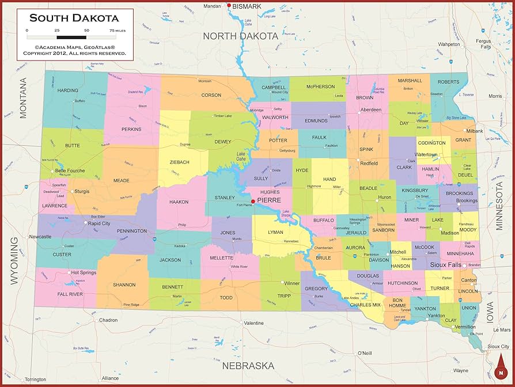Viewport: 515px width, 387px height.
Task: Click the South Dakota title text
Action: [74, 17]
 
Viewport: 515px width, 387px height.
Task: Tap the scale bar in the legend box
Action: [71, 37]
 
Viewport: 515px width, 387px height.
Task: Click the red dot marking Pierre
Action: [252, 202]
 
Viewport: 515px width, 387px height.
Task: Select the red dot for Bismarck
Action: [229, 6]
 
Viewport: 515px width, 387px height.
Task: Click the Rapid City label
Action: [99, 223]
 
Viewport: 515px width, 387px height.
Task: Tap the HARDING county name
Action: [67, 90]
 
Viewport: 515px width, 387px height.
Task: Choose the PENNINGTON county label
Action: [132, 231]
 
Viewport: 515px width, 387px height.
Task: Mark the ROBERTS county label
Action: [449, 82]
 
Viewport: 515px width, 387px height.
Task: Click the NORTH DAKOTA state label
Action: [240, 36]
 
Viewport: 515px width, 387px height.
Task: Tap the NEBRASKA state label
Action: [248, 366]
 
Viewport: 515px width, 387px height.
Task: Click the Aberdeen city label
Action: [370, 109]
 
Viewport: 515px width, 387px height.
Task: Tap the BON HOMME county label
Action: [397, 302]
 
